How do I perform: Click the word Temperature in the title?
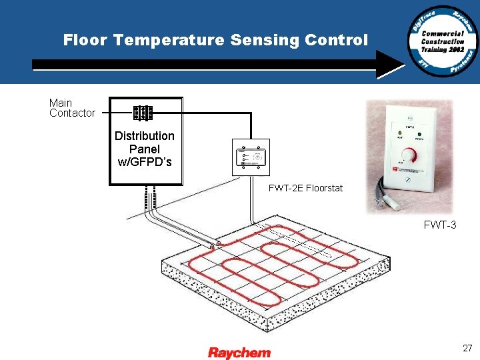click(169, 40)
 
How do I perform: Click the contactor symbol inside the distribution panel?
click(143, 113)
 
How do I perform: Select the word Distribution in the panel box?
click(145, 136)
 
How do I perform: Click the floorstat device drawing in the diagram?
click(251, 158)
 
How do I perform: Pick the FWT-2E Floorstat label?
click(305, 188)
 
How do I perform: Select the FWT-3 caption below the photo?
click(440, 225)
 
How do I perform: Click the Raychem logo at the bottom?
click(239, 353)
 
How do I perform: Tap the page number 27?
click(467, 348)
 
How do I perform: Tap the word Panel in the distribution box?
click(145, 149)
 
